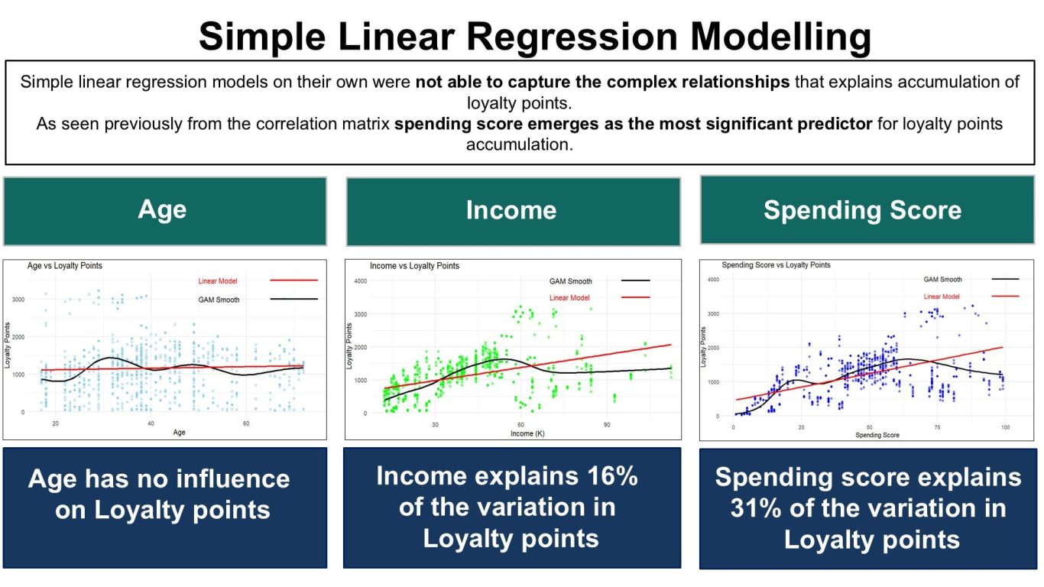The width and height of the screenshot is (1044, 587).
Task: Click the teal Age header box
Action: (165, 211)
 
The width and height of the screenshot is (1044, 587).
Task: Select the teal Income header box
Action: (513, 212)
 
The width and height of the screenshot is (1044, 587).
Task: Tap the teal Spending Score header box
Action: (867, 210)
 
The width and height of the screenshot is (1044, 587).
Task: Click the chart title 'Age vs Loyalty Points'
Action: (65, 266)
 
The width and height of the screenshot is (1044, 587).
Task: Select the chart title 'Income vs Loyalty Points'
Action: (414, 266)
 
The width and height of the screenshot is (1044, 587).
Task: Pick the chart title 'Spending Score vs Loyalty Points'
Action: (776, 264)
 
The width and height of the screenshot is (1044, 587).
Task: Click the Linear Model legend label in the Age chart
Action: (218, 281)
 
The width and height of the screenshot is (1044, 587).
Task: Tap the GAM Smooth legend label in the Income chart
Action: (570, 281)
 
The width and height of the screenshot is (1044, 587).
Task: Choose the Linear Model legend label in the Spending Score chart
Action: (942, 297)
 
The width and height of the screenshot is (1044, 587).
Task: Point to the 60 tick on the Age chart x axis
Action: (246, 423)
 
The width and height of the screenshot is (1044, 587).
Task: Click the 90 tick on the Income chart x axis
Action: (606, 425)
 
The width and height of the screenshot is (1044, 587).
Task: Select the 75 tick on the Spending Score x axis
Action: (937, 427)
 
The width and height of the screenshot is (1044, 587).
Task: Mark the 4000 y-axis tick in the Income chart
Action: (360, 281)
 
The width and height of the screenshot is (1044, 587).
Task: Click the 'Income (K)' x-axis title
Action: (527, 433)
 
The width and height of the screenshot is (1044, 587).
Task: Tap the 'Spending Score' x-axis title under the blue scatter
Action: (877, 435)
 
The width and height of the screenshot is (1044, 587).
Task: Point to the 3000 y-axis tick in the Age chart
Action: (18, 300)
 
